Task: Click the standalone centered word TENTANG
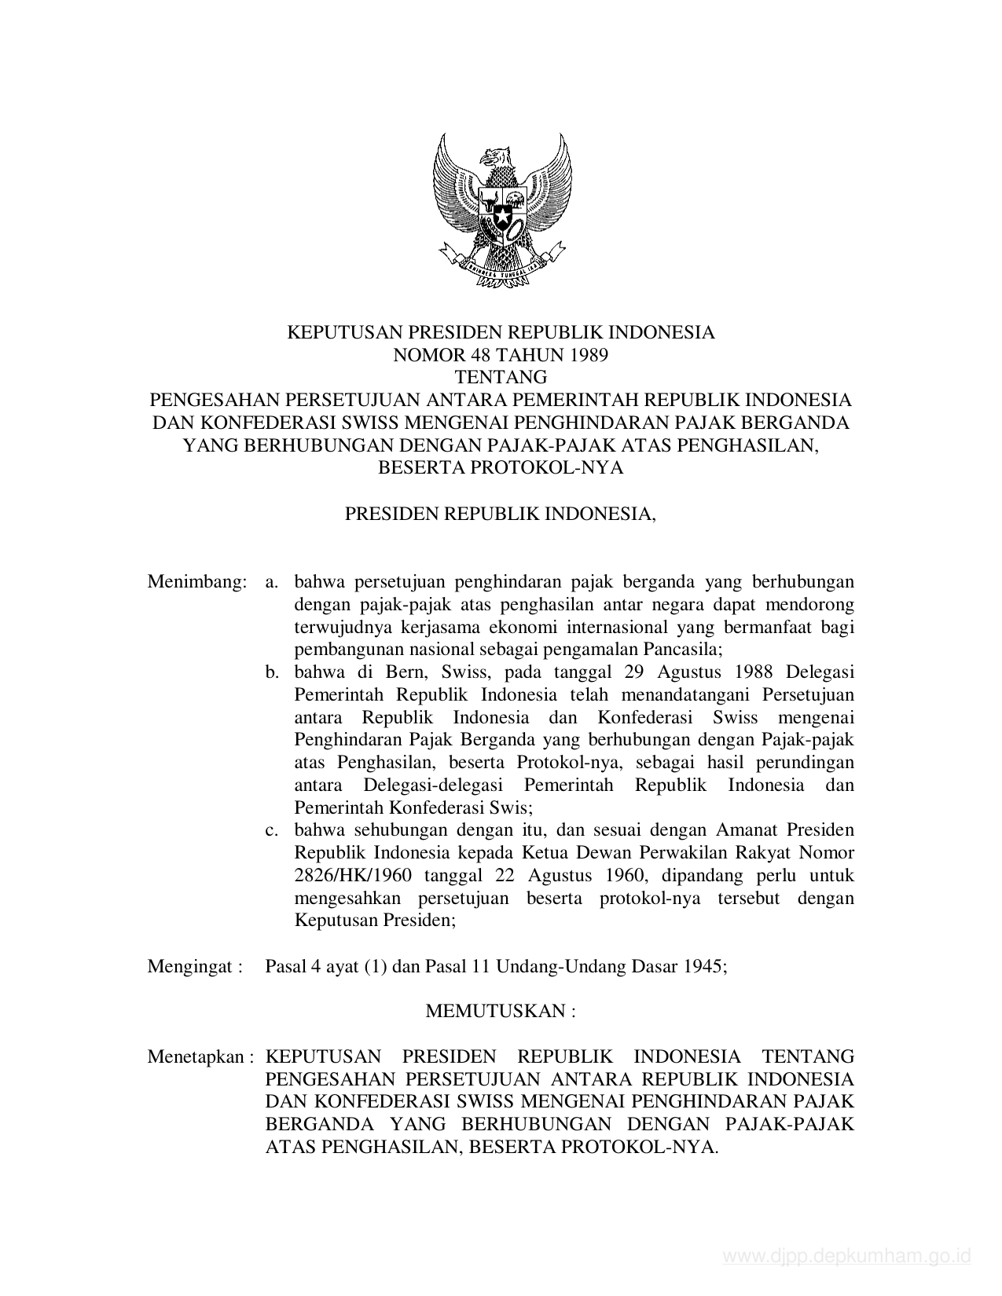coord(501,377)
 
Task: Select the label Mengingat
coord(191,966)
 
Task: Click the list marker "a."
coord(273,582)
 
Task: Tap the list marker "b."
coord(273,672)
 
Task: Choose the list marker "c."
coord(273,830)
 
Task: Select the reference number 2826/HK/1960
coord(351,875)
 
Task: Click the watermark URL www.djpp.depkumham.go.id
coord(846,1257)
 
